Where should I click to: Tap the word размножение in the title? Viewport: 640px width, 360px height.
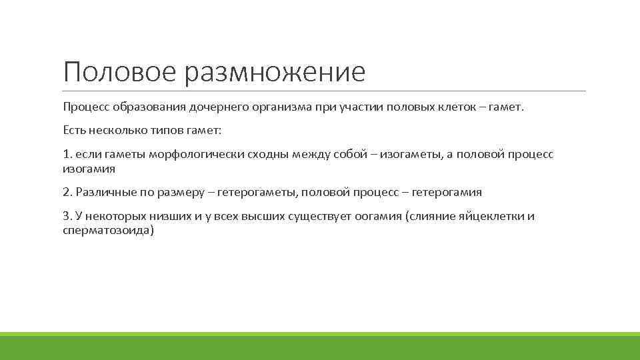pyautogui.click(x=275, y=72)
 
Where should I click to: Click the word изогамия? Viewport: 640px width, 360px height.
pyautogui.click(x=89, y=169)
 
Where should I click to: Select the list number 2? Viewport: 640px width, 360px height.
pyautogui.click(x=67, y=192)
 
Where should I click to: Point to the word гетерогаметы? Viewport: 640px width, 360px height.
pyautogui.click(x=257, y=192)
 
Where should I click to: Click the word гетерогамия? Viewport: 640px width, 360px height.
pyautogui.click(x=447, y=192)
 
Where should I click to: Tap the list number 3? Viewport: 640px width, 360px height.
pyautogui.click(x=67, y=217)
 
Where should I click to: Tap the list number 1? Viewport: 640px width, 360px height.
pyautogui.click(x=66, y=155)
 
